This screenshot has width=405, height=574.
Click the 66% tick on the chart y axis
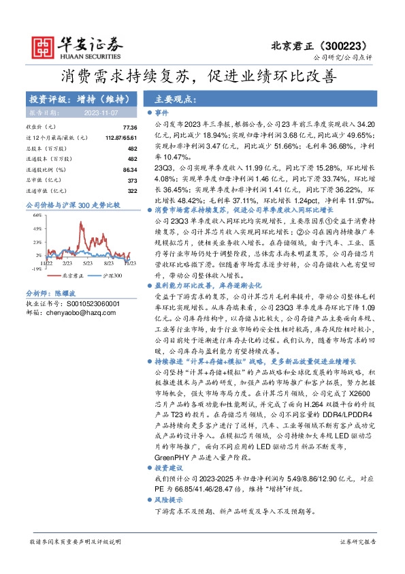(x=38, y=215)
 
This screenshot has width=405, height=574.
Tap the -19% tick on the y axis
(x=37, y=269)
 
